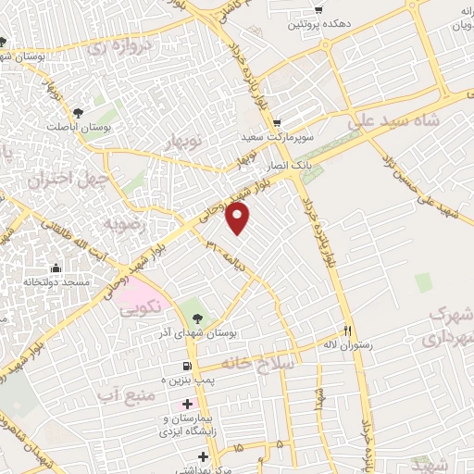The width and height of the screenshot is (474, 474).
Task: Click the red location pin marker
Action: [x=239, y=218]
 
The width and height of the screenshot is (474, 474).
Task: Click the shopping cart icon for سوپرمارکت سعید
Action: [x=276, y=122]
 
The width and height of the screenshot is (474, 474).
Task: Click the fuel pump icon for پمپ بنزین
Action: [x=190, y=366]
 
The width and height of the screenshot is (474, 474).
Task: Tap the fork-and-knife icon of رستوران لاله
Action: [x=348, y=331]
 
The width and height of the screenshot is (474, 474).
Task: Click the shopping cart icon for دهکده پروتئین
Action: [x=318, y=10]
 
